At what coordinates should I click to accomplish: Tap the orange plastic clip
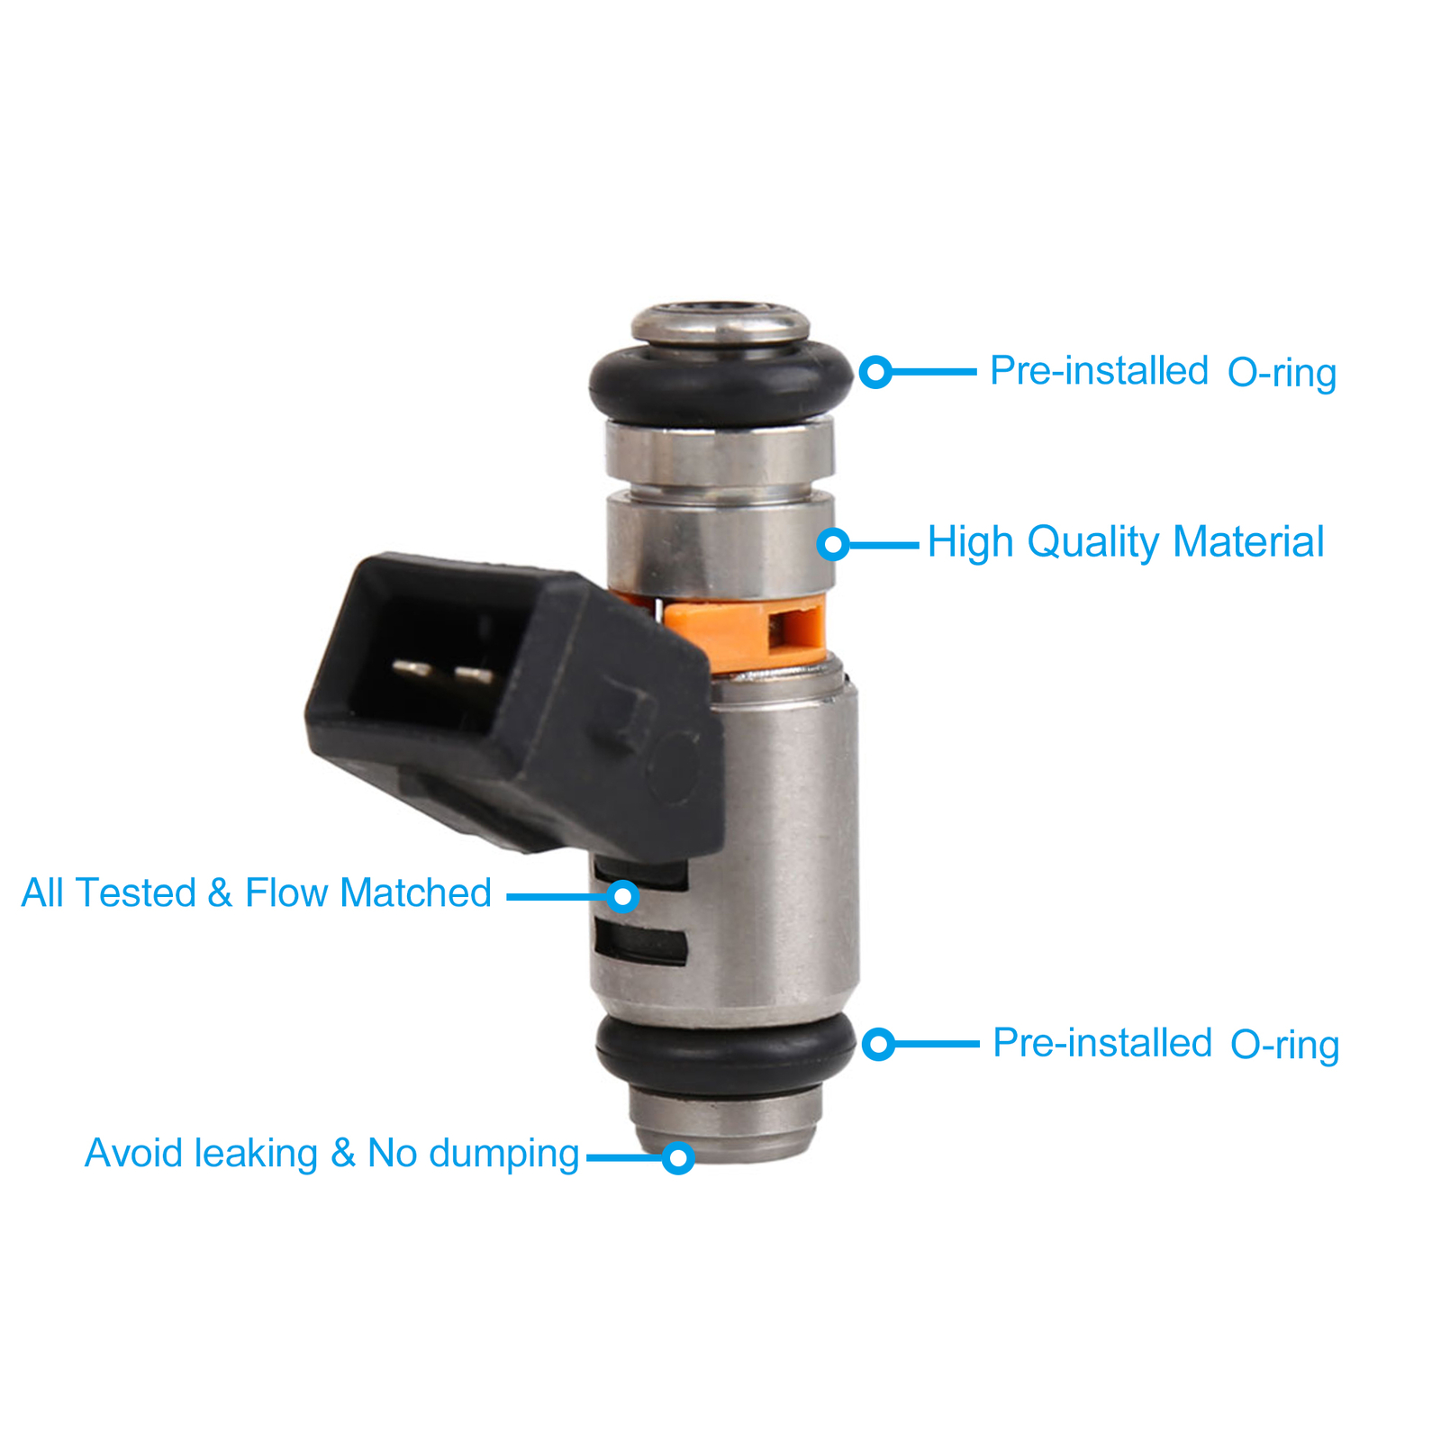point(748,635)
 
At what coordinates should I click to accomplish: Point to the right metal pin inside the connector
point(473,674)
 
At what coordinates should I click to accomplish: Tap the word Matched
point(415,893)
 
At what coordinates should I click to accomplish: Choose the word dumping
point(504,1155)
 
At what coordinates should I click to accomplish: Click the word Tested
point(136,893)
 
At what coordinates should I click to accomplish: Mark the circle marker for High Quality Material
point(834,544)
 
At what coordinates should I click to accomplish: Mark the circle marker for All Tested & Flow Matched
point(622,896)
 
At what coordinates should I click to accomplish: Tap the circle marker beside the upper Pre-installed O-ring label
point(875,371)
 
